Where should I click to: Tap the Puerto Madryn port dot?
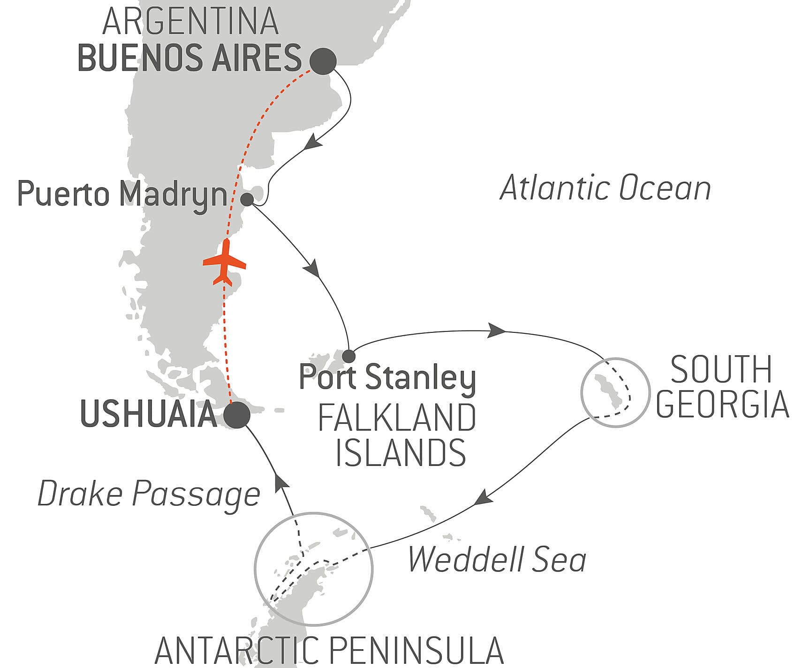point(247,200)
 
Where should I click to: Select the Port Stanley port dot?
point(348,356)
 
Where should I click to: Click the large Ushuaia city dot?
point(236,415)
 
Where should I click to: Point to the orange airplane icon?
point(224,263)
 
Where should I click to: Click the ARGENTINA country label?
point(190,21)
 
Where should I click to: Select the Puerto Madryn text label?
point(122,194)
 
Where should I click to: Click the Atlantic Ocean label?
point(605,188)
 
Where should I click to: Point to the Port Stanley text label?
point(387,377)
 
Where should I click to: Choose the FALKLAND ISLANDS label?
point(397,435)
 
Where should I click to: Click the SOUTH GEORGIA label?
point(722,387)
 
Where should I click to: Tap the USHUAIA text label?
point(149,414)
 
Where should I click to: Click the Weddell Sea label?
point(497,560)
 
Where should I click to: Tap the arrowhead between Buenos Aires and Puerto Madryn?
point(312,143)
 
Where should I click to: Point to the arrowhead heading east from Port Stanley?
point(496,330)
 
